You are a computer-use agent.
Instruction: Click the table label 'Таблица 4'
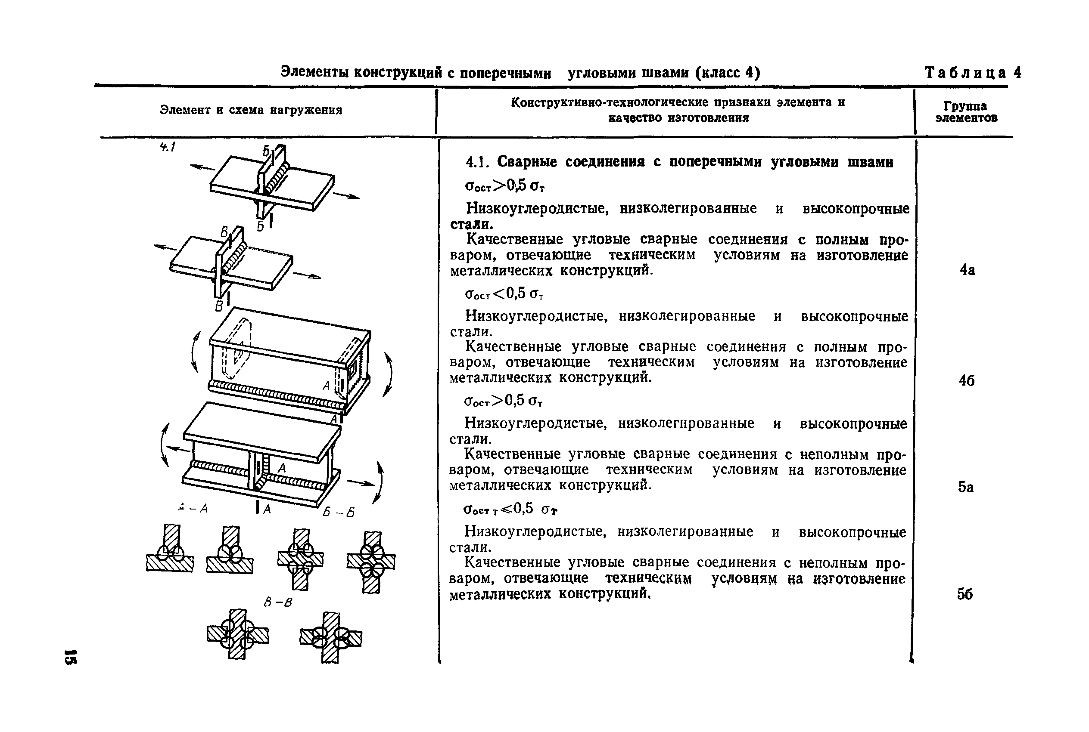(x=973, y=73)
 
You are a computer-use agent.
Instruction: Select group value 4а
(x=967, y=270)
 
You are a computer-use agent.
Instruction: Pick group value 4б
(x=967, y=381)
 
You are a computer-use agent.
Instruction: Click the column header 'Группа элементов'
(x=966, y=112)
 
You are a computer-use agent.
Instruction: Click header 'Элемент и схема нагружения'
(x=251, y=110)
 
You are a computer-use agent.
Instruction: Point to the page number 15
(x=71, y=656)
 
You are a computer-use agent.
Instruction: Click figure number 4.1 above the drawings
(x=167, y=147)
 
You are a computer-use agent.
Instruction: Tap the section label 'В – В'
(x=277, y=602)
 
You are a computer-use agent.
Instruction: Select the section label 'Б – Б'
(x=338, y=512)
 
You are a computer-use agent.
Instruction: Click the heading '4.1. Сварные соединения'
(x=679, y=162)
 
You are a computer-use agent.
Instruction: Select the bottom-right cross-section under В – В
(x=331, y=637)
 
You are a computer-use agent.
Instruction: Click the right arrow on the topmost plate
(x=346, y=196)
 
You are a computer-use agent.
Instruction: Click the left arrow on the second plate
(x=166, y=247)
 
